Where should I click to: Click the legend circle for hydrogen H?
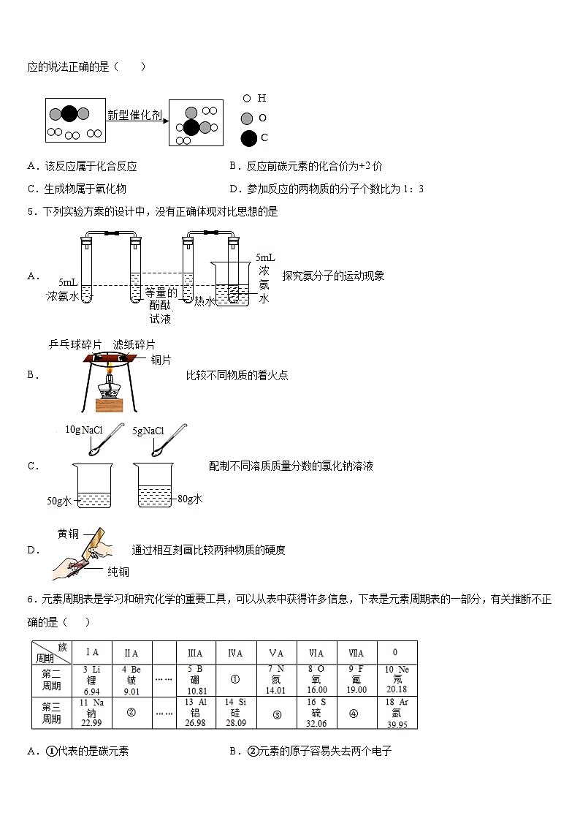coord(247,98)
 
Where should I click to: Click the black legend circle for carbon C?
coord(248,137)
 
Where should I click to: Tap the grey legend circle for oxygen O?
coord(247,118)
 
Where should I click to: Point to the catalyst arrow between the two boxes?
coord(137,121)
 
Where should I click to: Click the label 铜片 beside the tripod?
coord(161,359)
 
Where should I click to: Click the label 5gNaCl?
coord(148,431)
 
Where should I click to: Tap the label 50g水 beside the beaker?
coord(59,501)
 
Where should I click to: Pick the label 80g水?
coord(189,499)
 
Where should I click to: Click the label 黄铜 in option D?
coord(68,534)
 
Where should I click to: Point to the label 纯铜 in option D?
coord(118,572)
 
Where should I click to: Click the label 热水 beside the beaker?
coord(204,301)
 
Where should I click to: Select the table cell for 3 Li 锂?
coord(91,680)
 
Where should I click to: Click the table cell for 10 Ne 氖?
coord(397,680)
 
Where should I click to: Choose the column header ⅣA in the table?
coord(235,652)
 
